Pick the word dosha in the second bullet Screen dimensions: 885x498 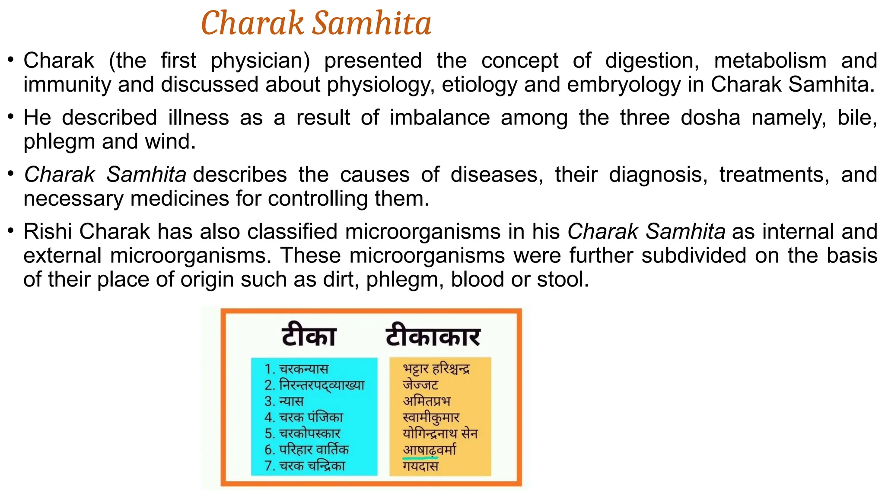click(710, 118)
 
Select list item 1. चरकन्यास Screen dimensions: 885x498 click(296, 369)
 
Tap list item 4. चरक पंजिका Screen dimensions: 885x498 click(304, 417)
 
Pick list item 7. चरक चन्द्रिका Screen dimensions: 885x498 click(305, 465)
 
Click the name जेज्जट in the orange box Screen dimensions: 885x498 click(420, 384)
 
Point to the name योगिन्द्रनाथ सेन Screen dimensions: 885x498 click(440, 433)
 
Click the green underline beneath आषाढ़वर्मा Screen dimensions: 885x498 click(420, 456)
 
